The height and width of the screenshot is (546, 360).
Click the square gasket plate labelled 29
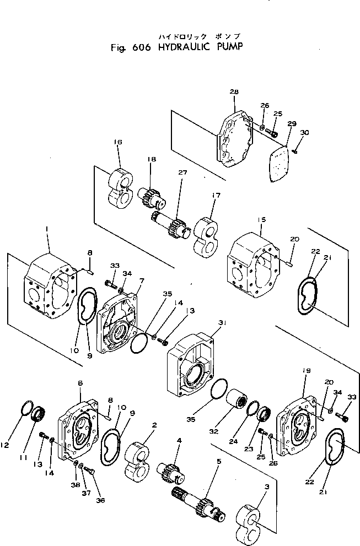280,163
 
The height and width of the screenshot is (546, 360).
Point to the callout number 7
141,280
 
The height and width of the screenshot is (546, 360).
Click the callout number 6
80,383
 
